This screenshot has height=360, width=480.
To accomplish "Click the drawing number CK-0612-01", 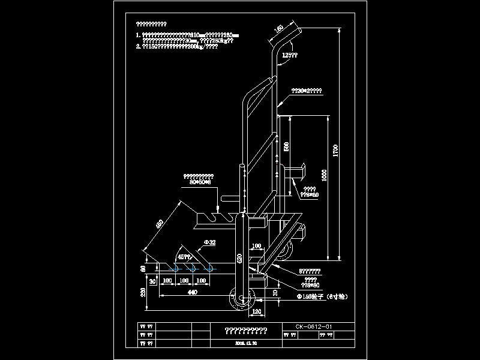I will (314, 326).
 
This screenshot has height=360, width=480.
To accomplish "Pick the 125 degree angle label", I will (290, 55).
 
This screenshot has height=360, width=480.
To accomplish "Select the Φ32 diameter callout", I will (210, 243).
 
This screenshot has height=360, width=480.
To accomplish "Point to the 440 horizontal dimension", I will (192, 292).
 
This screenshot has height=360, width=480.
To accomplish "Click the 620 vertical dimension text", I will (239, 259).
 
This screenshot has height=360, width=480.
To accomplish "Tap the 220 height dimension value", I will (142, 292).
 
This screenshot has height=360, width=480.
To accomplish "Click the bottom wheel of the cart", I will (242, 298).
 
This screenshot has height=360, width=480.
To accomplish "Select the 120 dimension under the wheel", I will (256, 312).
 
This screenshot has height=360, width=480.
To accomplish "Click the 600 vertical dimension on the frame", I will (286, 146).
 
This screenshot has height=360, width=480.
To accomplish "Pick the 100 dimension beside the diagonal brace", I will (256, 246).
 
